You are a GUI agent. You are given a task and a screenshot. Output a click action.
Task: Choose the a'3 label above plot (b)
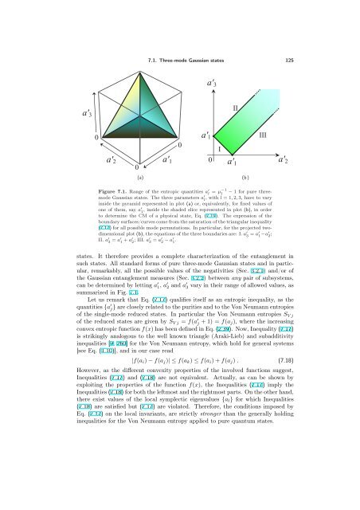pos(213,81)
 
